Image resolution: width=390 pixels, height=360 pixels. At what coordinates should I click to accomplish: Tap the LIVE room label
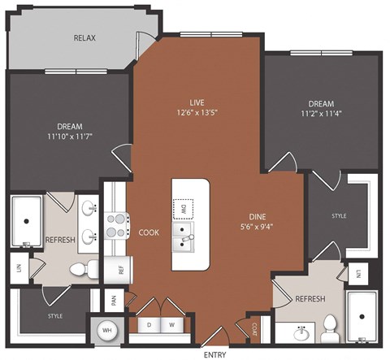[197, 102]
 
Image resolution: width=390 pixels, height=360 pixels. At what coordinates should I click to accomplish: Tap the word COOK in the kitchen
[148, 232]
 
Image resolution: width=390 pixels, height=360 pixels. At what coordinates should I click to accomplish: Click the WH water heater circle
[107, 332]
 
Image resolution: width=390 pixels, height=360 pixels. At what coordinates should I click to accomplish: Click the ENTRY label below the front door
[214, 354]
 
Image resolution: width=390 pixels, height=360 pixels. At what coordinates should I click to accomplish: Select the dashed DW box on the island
[184, 208]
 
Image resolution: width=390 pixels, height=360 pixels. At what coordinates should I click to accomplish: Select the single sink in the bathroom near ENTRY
[301, 332]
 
